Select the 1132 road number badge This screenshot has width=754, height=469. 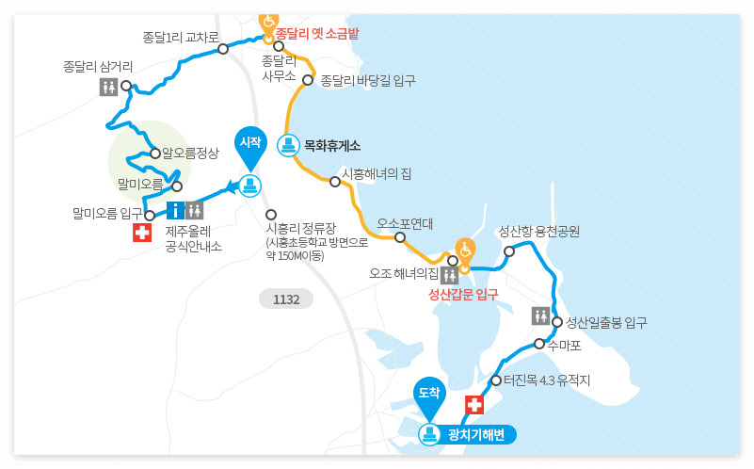point(286,299)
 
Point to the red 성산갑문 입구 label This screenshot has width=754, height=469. point(463,295)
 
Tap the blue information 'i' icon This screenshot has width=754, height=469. point(175,210)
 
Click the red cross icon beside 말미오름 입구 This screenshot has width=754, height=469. point(142,232)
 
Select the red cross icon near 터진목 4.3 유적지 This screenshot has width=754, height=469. point(474,405)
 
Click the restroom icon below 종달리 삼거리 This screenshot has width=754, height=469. point(109,87)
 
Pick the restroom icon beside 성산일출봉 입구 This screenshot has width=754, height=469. point(540,315)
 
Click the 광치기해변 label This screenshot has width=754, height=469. point(476,434)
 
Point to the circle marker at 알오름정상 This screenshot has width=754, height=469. point(155,153)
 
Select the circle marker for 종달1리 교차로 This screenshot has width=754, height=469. point(223,49)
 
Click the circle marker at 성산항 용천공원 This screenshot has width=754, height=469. point(509,251)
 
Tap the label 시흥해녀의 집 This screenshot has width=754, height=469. point(377,174)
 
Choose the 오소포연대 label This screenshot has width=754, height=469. point(405,224)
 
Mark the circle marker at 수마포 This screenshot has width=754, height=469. point(539,345)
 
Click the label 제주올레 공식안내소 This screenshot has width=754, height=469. point(193,238)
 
